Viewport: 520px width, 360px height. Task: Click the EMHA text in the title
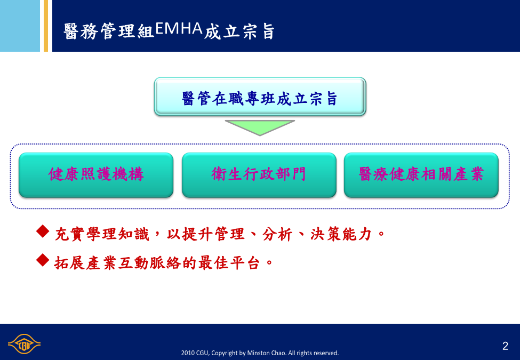[179, 28]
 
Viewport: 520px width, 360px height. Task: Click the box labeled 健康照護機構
[96, 175]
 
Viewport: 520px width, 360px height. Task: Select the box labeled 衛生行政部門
[259, 175]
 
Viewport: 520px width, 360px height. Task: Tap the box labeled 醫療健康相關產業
[421, 175]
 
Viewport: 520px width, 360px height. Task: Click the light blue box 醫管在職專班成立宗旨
[260, 97]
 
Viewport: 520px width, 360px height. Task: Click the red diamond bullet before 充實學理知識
[43, 231]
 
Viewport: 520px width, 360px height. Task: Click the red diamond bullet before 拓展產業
[43, 260]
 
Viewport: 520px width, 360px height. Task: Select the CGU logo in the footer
[24, 344]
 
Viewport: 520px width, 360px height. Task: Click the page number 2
[505, 346]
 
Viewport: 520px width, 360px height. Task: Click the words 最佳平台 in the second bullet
[229, 263]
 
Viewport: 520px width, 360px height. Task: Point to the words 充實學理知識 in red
[102, 234]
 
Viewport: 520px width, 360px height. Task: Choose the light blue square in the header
[20, 26]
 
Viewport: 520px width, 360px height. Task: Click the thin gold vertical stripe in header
[46, 26]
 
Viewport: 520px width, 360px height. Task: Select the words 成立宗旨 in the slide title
[239, 31]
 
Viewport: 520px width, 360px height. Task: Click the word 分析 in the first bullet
[277, 234]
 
